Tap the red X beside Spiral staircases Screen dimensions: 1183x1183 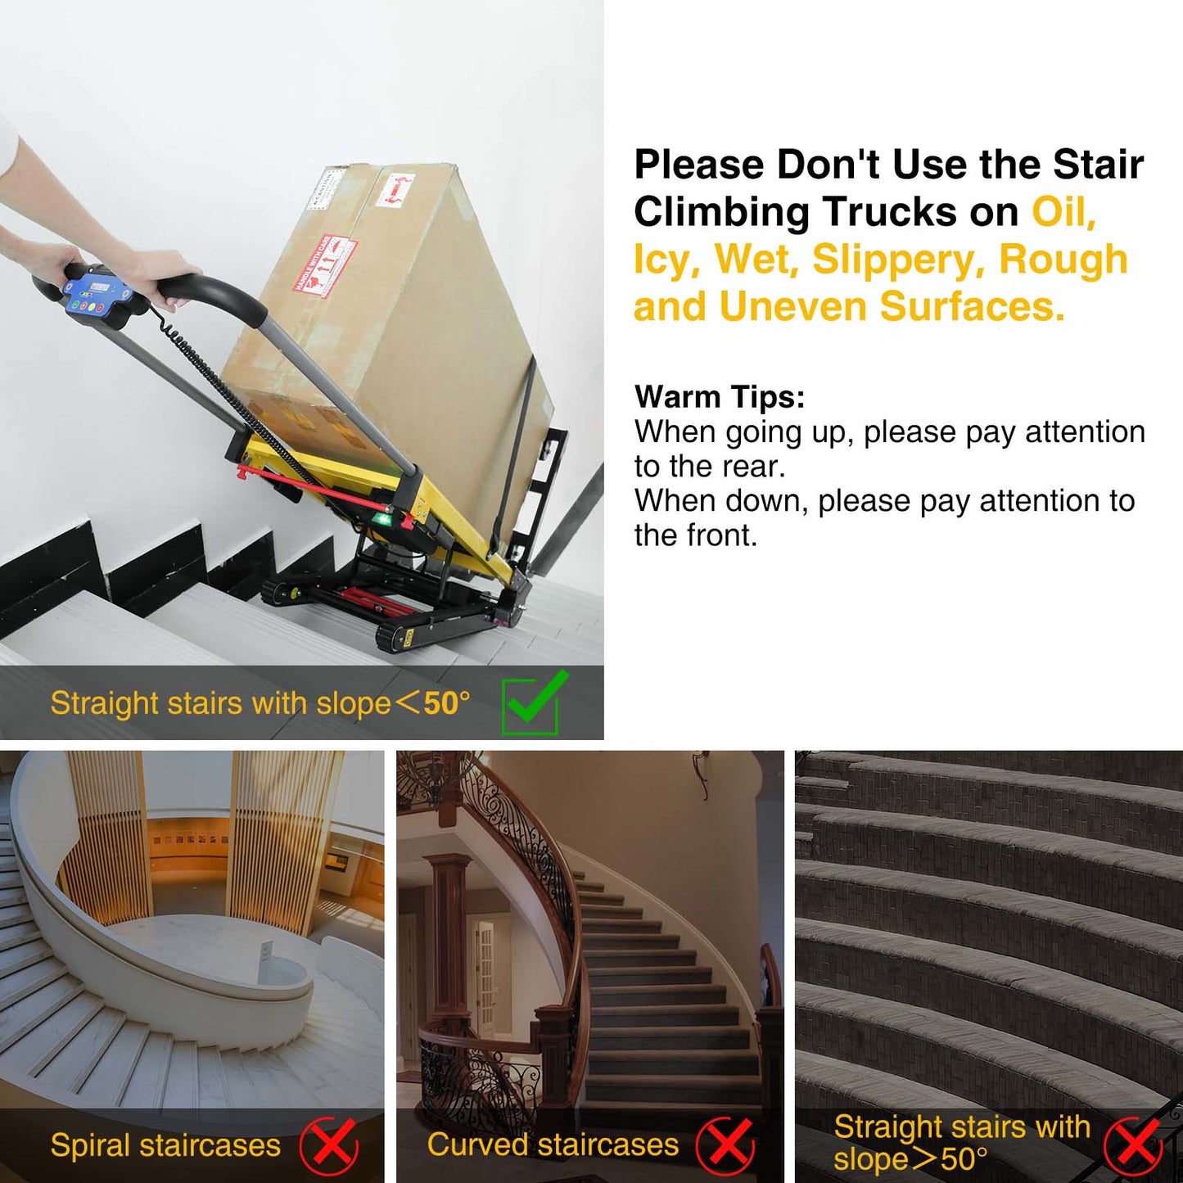(329, 1145)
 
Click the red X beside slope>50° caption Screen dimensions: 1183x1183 (1133, 1145)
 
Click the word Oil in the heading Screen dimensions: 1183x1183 (1062, 212)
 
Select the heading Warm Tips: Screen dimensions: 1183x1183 (720, 397)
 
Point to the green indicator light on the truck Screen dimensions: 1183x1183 (381, 519)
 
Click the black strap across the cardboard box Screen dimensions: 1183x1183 (518, 442)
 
